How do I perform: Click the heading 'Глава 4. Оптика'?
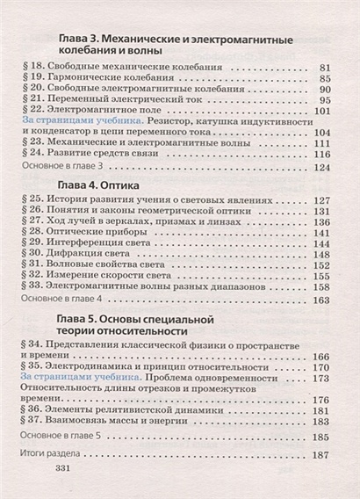point(105,186)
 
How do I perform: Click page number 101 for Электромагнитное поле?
point(321,111)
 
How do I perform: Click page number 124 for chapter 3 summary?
point(321,167)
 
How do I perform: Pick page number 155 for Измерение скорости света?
point(321,275)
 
